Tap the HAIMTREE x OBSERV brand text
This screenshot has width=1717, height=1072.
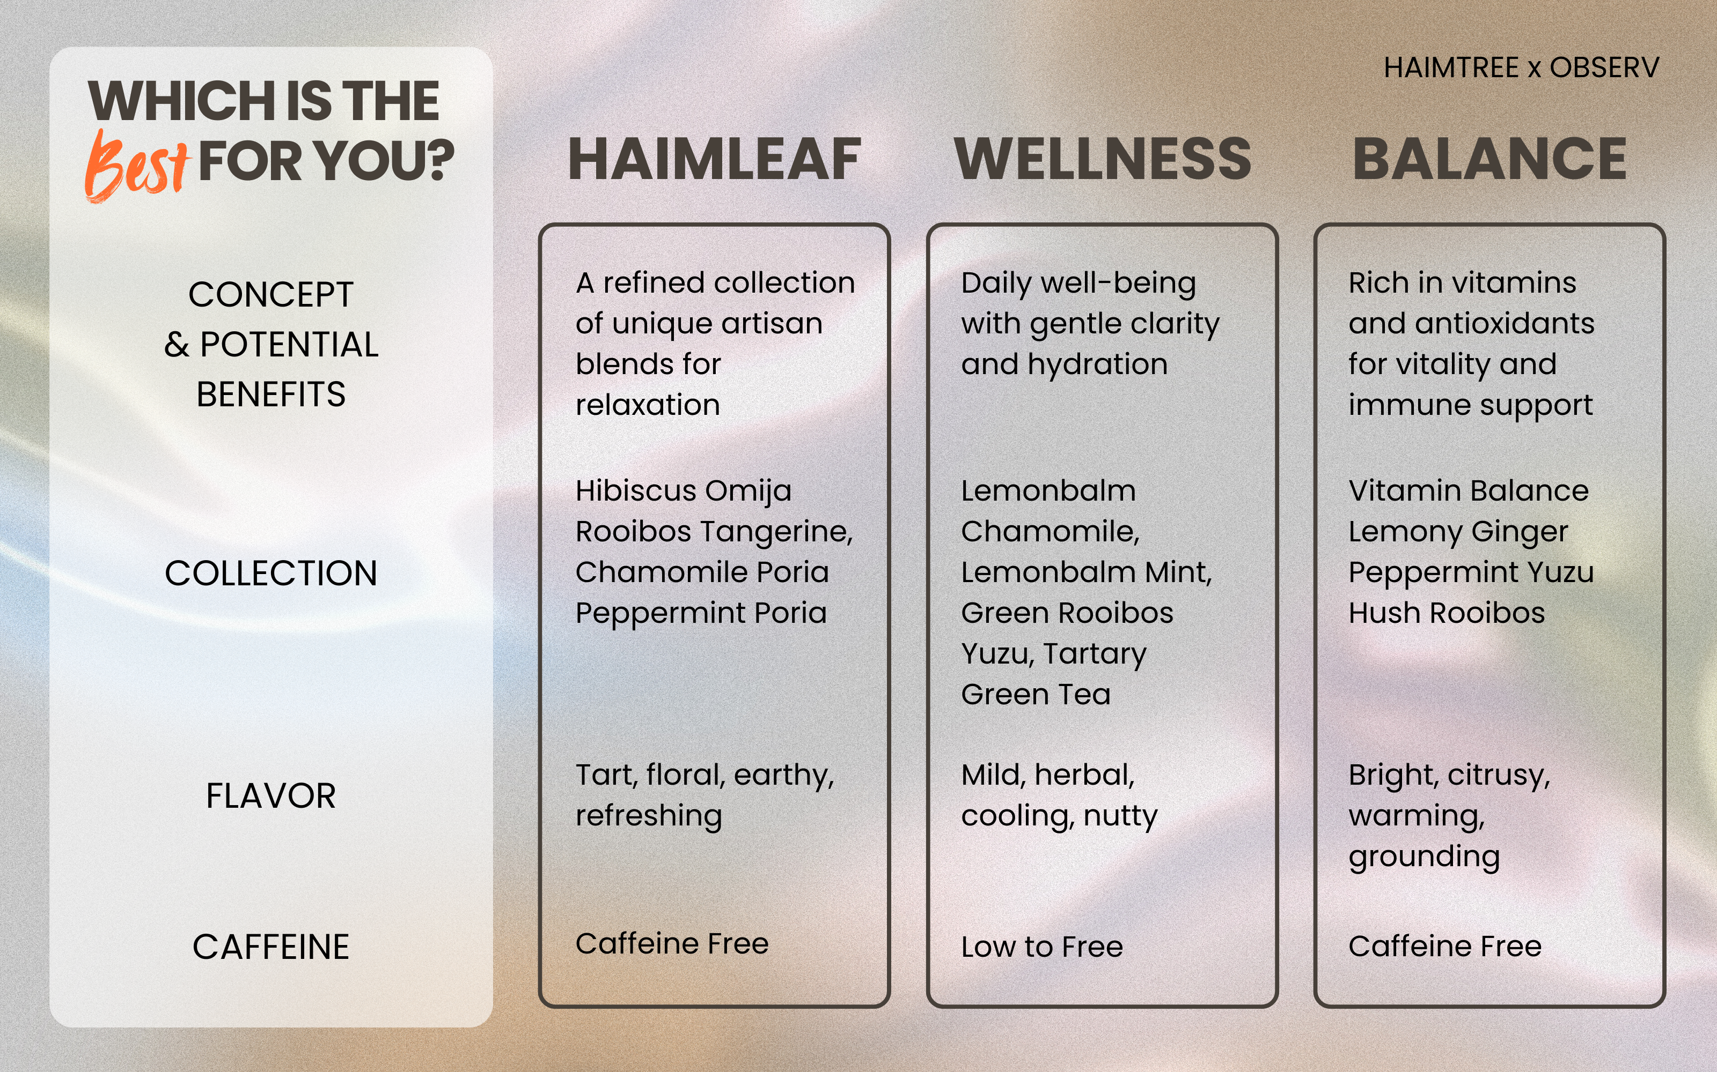pyautogui.click(x=1521, y=68)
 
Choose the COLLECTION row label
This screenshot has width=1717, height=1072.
pyautogui.click(x=271, y=573)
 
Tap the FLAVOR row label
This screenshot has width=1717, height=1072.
pyautogui.click(x=271, y=795)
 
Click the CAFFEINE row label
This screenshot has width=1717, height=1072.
pyautogui.click(x=271, y=947)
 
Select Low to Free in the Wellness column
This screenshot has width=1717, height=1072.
pyautogui.click(x=1041, y=947)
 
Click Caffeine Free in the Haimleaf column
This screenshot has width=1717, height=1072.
pyautogui.click(x=672, y=944)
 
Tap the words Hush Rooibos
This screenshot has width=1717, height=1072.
pyautogui.click(x=1447, y=613)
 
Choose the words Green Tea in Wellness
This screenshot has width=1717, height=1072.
pyautogui.click(x=1036, y=695)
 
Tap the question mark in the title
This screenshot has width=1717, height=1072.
pyautogui.click(x=440, y=160)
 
